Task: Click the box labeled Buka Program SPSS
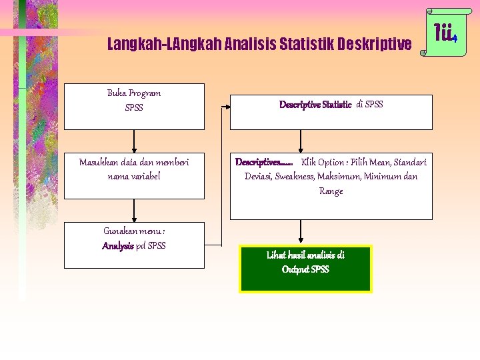point(134,106)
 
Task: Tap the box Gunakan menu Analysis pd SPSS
point(134,245)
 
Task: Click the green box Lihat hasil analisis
point(305,269)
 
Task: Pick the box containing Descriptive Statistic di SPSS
point(331,112)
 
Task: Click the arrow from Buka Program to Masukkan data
point(135,141)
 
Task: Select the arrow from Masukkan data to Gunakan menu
point(135,210)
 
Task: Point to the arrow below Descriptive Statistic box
point(301,141)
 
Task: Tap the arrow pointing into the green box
point(301,232)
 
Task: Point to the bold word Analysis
point(118,245)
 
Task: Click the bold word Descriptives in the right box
point(263,162)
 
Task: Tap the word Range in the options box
point(331,191)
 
